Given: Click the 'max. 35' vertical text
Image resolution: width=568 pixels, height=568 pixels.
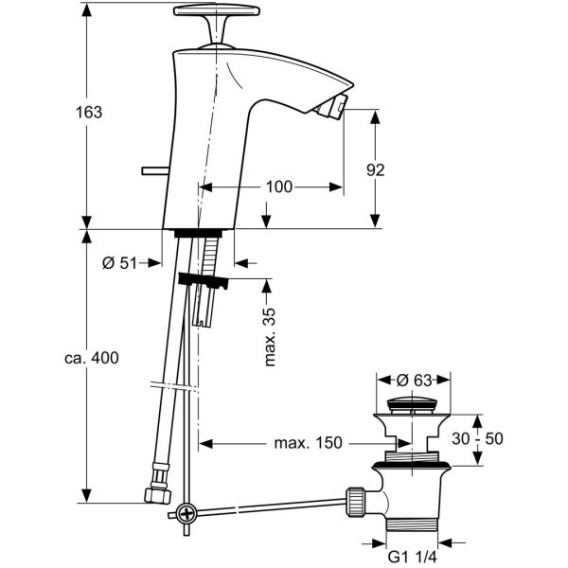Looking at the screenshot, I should (270, 337).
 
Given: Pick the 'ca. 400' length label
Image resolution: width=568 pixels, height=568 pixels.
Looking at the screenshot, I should (92, 358).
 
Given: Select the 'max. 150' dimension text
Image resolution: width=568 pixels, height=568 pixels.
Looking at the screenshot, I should (309, 442).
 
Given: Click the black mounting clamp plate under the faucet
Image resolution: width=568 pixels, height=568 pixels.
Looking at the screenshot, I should (203, 280).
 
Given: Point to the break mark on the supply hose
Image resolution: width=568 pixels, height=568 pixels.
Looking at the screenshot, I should (173, 385).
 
